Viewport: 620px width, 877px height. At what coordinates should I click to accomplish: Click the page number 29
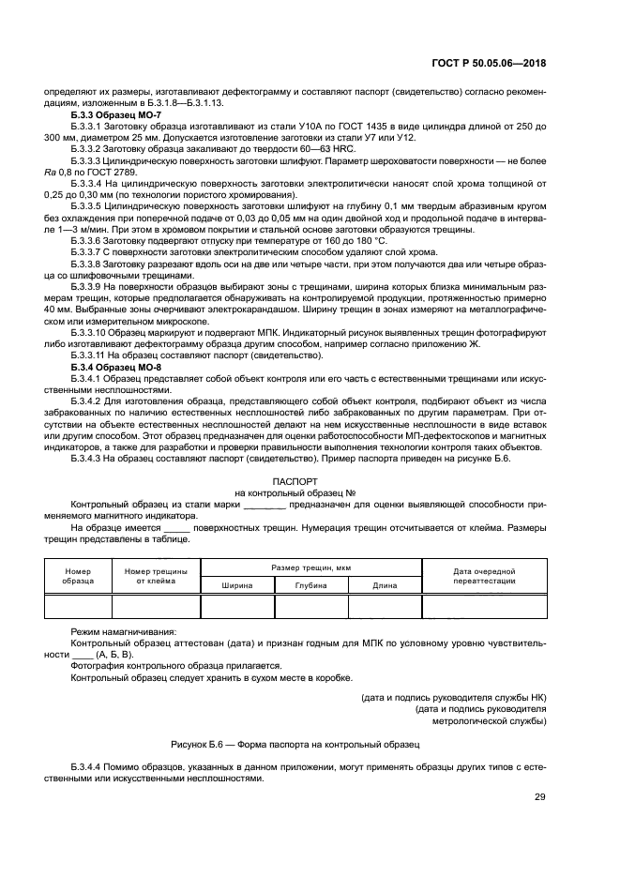(540, 797)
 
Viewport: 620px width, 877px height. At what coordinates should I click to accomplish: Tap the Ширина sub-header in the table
(237, 585)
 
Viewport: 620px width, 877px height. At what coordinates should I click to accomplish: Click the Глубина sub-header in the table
(310, 585)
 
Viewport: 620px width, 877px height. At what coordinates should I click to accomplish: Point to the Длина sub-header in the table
(385, 585)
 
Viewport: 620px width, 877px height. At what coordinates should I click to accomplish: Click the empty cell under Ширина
(237, 608)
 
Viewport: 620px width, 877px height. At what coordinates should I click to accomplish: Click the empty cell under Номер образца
(78, 608)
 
